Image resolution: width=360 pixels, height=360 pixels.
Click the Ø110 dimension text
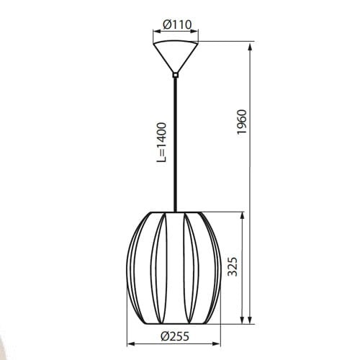coord(176,25)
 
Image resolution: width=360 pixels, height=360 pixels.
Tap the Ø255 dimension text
coord(176,335)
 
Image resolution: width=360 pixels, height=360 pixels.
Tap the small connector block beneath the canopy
coord(176,73)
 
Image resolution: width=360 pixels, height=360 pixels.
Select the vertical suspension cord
coord(176,144)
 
